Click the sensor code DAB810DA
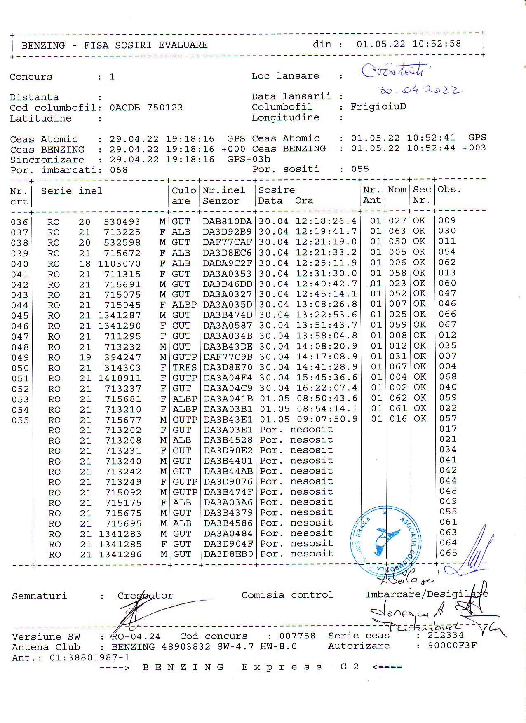227,221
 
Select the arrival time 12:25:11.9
326,263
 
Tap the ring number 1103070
119,264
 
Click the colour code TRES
184,367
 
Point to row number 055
20,420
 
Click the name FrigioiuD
378,106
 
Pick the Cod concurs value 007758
297,636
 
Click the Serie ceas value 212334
445,635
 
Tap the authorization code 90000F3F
452,646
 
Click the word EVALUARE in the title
183,45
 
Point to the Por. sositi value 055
360,169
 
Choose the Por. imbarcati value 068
119,170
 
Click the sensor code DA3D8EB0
228,554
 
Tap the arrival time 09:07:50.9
326,419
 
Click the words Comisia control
287,595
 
